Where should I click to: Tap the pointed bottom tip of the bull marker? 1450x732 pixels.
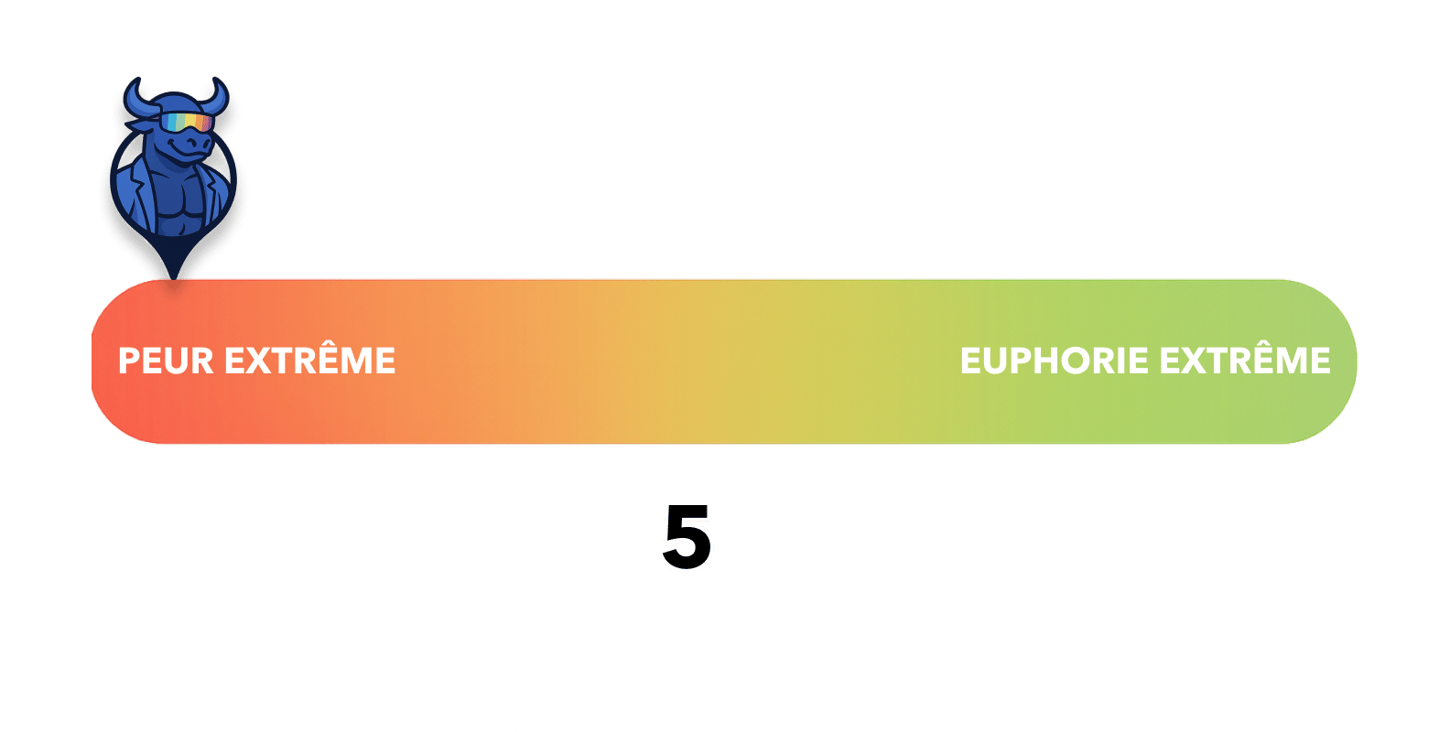coord(174,273)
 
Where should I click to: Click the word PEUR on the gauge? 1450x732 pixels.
coord(167,361)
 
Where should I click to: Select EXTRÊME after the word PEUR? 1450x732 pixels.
coord(309,360)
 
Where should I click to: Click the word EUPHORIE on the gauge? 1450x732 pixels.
coord(1054,361)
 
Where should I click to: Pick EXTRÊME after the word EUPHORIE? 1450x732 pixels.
coord(1245,360)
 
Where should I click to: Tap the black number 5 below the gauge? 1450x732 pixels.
coord(687,537)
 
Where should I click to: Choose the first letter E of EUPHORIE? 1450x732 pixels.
coord(970,361)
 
